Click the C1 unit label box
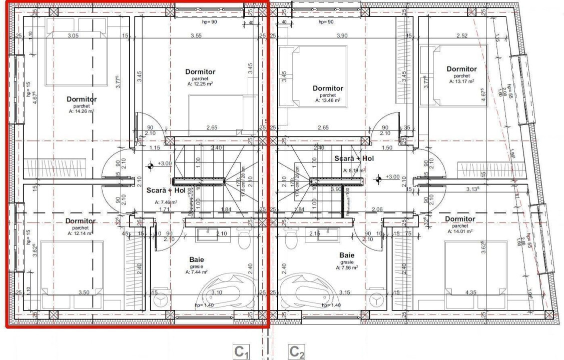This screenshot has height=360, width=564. (241, 352)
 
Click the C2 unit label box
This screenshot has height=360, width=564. (297, 352)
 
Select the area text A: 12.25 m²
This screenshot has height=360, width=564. (200, 84)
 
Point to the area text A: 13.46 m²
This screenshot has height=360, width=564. (328, 100)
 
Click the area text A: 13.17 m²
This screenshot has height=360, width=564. (461, 81)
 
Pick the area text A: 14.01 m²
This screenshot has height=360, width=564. (459, 231)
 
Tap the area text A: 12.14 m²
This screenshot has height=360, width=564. (80, 233)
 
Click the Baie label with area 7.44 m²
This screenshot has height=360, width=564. (196, 259)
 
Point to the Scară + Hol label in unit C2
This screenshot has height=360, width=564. (354, 158)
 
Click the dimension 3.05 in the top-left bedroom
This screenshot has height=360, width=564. (73, 35)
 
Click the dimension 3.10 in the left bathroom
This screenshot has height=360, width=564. (217, 292)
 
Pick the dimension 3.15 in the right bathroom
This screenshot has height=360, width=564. (344, 292)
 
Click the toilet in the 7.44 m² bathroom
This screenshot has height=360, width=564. (244, 239)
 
